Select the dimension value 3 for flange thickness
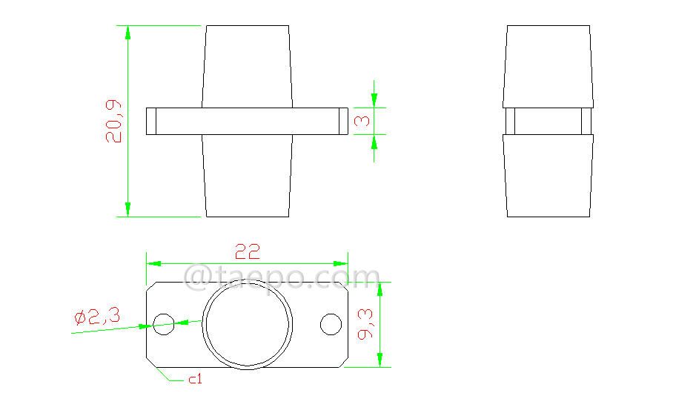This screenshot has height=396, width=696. [x=362, y=121]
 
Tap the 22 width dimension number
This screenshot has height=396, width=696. [x=248, y=251]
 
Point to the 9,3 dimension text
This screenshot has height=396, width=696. [x=365, y=324]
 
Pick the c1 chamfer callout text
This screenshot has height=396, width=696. [x=195, y=379]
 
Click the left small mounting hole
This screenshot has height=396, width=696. [x=163, y=323]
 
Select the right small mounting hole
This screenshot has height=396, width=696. [x=331, y=324]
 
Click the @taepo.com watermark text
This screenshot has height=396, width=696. [x=282, y=278]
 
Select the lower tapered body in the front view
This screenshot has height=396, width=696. [x=248, y=176]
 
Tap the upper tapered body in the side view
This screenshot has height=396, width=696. [x=548, y=65]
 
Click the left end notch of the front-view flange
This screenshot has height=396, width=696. [x=152, y=121]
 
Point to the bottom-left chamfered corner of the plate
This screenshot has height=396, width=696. [x=153, y=361]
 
